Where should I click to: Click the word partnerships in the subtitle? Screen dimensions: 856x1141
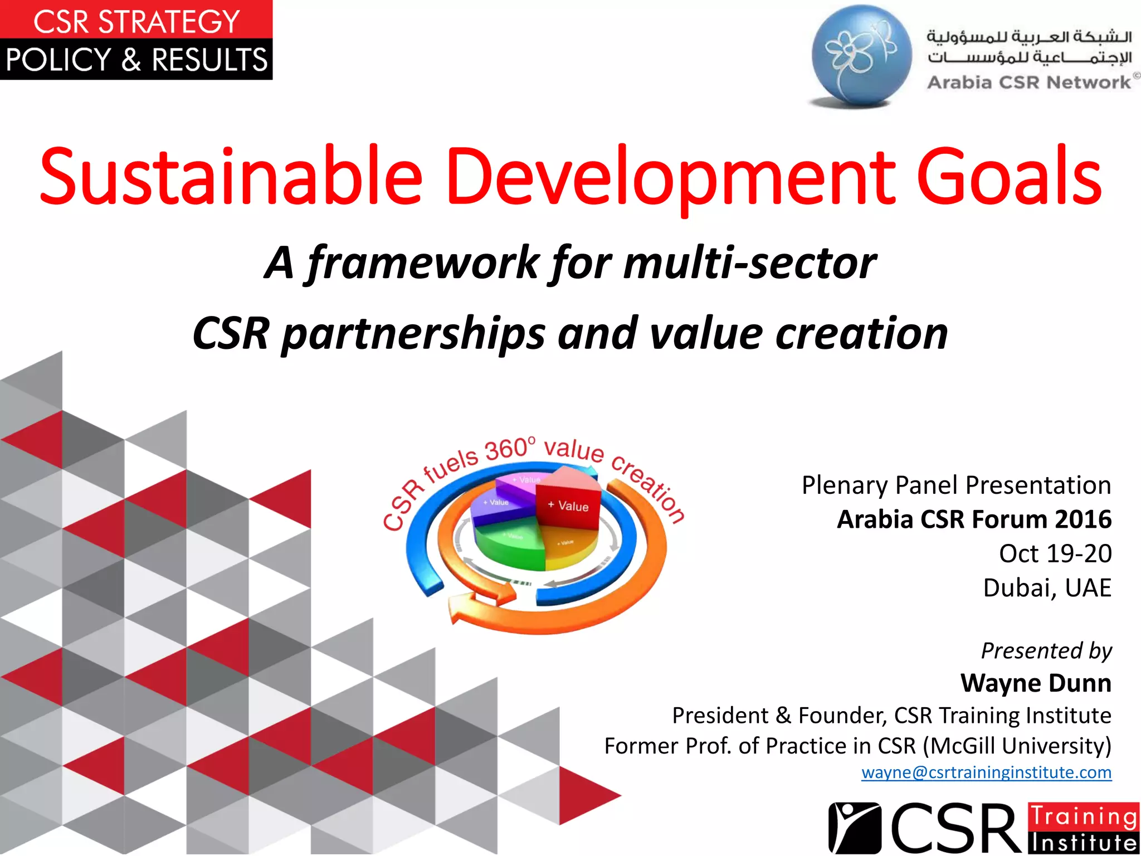click(412, 333)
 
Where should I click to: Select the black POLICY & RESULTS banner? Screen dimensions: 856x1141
click(136, 60)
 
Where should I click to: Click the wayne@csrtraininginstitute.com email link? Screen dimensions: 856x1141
click(986, 772)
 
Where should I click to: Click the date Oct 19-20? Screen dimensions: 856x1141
click(1055, 553)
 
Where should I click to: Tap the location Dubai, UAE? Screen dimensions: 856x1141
click(1047, 588)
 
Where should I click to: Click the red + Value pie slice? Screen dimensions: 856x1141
click(568, 504)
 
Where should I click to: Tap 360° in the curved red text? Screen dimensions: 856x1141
click(510, 449)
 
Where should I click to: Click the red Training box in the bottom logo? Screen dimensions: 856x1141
click(1083, 817)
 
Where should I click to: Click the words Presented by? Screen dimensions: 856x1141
click(1046, 650)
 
